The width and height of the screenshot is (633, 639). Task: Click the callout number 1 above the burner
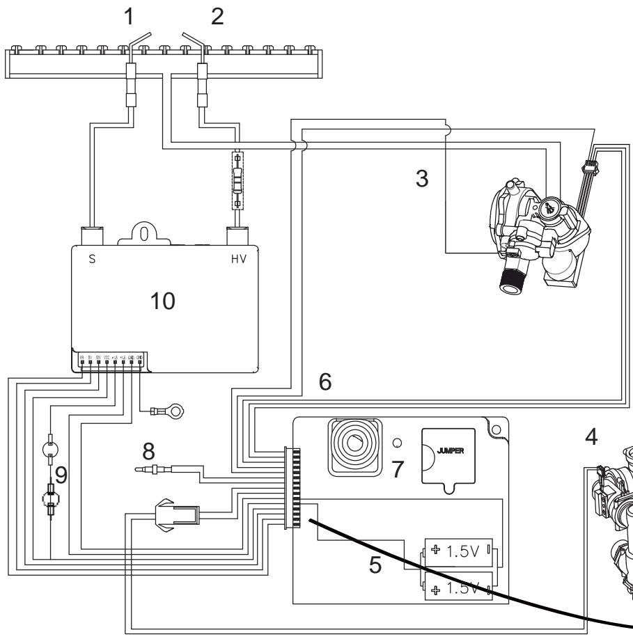pos(128,18)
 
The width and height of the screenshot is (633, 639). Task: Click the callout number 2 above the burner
pos(218,18)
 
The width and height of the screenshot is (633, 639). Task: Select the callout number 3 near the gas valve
pos(421,178)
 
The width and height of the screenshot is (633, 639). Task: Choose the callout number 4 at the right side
pos(591,439)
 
